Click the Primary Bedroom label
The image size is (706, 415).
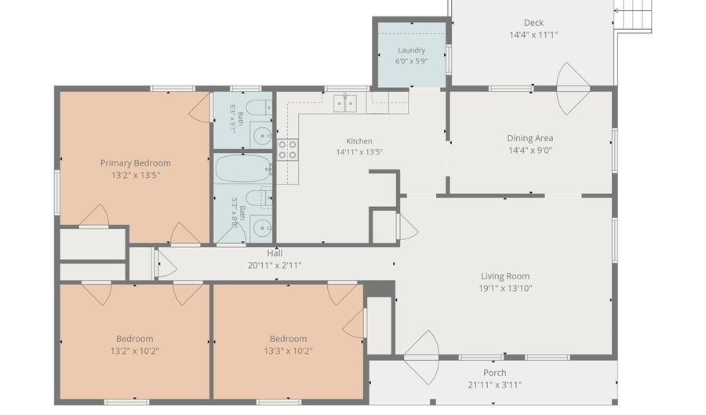[135, 163]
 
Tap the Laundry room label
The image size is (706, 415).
[412, 50]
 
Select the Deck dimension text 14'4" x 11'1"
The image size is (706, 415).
[533, 35]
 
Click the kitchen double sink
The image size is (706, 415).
[345, 103]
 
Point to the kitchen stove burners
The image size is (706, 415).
[287, 149]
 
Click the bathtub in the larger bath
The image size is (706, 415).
[243, 169]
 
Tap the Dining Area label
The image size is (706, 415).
[530, 138]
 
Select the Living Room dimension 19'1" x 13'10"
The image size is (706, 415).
[505, 288]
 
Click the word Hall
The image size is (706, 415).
[275, 253]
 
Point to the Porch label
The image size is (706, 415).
[495, 373]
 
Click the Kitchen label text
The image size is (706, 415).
[359, 141]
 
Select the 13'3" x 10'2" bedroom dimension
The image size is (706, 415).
[288, 351]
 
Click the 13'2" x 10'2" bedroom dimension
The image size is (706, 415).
[135, 351]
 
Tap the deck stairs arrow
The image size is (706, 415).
[632, 10]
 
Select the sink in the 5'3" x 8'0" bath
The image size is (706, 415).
[261, 228]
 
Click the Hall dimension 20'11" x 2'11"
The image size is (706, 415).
[275, 266]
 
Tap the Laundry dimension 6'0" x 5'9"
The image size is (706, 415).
[412, 60]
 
